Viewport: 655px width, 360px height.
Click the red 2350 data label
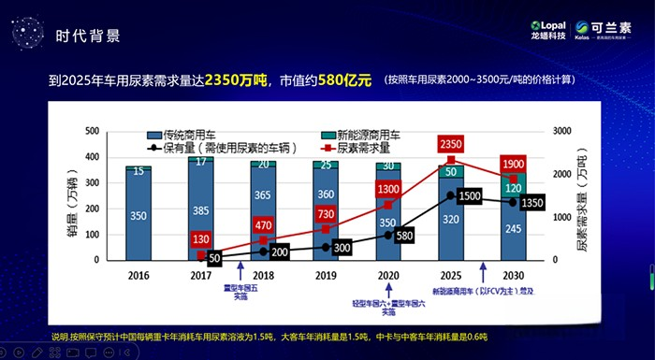pos(451,144)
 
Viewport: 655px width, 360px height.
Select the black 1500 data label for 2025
pos(470,195)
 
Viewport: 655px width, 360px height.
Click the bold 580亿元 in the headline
pos(343,80)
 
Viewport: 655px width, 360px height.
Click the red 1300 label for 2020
pos(388,190)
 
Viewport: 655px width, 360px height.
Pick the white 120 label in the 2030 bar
pos(514,187)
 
